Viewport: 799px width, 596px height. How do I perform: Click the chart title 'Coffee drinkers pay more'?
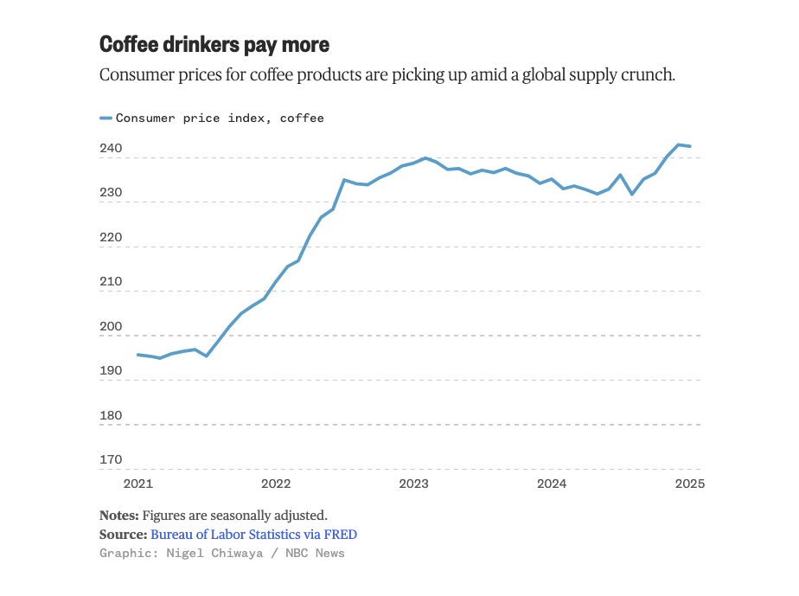214,44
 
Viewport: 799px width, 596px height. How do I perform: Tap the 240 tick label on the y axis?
111,150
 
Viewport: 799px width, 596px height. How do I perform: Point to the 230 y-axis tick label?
111,194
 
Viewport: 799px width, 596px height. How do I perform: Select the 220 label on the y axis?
111,238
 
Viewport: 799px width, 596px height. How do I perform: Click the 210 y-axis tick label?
111,282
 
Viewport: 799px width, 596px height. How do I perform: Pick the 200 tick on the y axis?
111,327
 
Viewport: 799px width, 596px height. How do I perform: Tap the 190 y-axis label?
111,371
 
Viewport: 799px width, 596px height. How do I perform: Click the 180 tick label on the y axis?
111,415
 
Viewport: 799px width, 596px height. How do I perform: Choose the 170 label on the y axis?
111,459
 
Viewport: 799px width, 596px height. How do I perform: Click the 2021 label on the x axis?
137,484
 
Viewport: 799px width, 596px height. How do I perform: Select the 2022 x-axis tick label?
276,484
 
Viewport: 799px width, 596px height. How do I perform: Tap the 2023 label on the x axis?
413,484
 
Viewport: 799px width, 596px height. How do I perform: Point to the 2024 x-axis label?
552,484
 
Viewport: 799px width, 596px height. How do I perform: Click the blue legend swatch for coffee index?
105,118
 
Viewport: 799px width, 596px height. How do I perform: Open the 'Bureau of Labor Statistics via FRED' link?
253,535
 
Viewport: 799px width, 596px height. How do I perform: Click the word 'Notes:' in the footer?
119,515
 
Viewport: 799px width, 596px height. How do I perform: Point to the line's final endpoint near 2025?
690,146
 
